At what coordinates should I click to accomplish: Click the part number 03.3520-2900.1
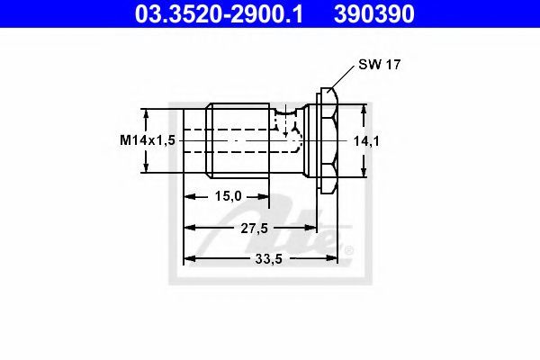tap(219, 14)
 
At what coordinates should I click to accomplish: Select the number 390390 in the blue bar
tap(374, 14)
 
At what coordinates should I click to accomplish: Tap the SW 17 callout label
tap(380, 65)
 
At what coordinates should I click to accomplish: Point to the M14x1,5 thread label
tap(148, 140)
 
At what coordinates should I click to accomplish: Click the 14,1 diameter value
tap(366, 141)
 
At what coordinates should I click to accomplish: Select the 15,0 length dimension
tap(229, 196)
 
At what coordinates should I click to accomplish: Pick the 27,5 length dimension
tap(254, 228)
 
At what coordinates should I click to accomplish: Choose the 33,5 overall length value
tap(268, 258)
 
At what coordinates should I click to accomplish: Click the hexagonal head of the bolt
tap(328, 140)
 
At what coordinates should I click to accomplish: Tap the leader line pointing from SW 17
tap(342, 77)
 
